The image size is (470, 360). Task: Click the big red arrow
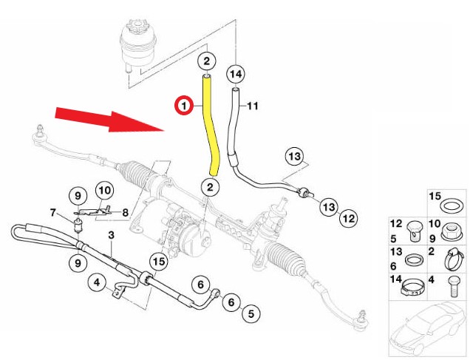[x=111, y=120]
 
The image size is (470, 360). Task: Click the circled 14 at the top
[x=235, y=74]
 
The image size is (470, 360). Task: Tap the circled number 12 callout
[x=348, y=218]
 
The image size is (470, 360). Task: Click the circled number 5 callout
[x=251, y=313]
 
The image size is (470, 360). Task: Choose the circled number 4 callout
[x=96, y=282]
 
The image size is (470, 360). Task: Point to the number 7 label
[x=53, y=213]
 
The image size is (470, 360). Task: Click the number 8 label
[x=125, y=213]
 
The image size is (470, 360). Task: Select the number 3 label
[x=111, y=236]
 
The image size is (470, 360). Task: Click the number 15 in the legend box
[x=435, y=197]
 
